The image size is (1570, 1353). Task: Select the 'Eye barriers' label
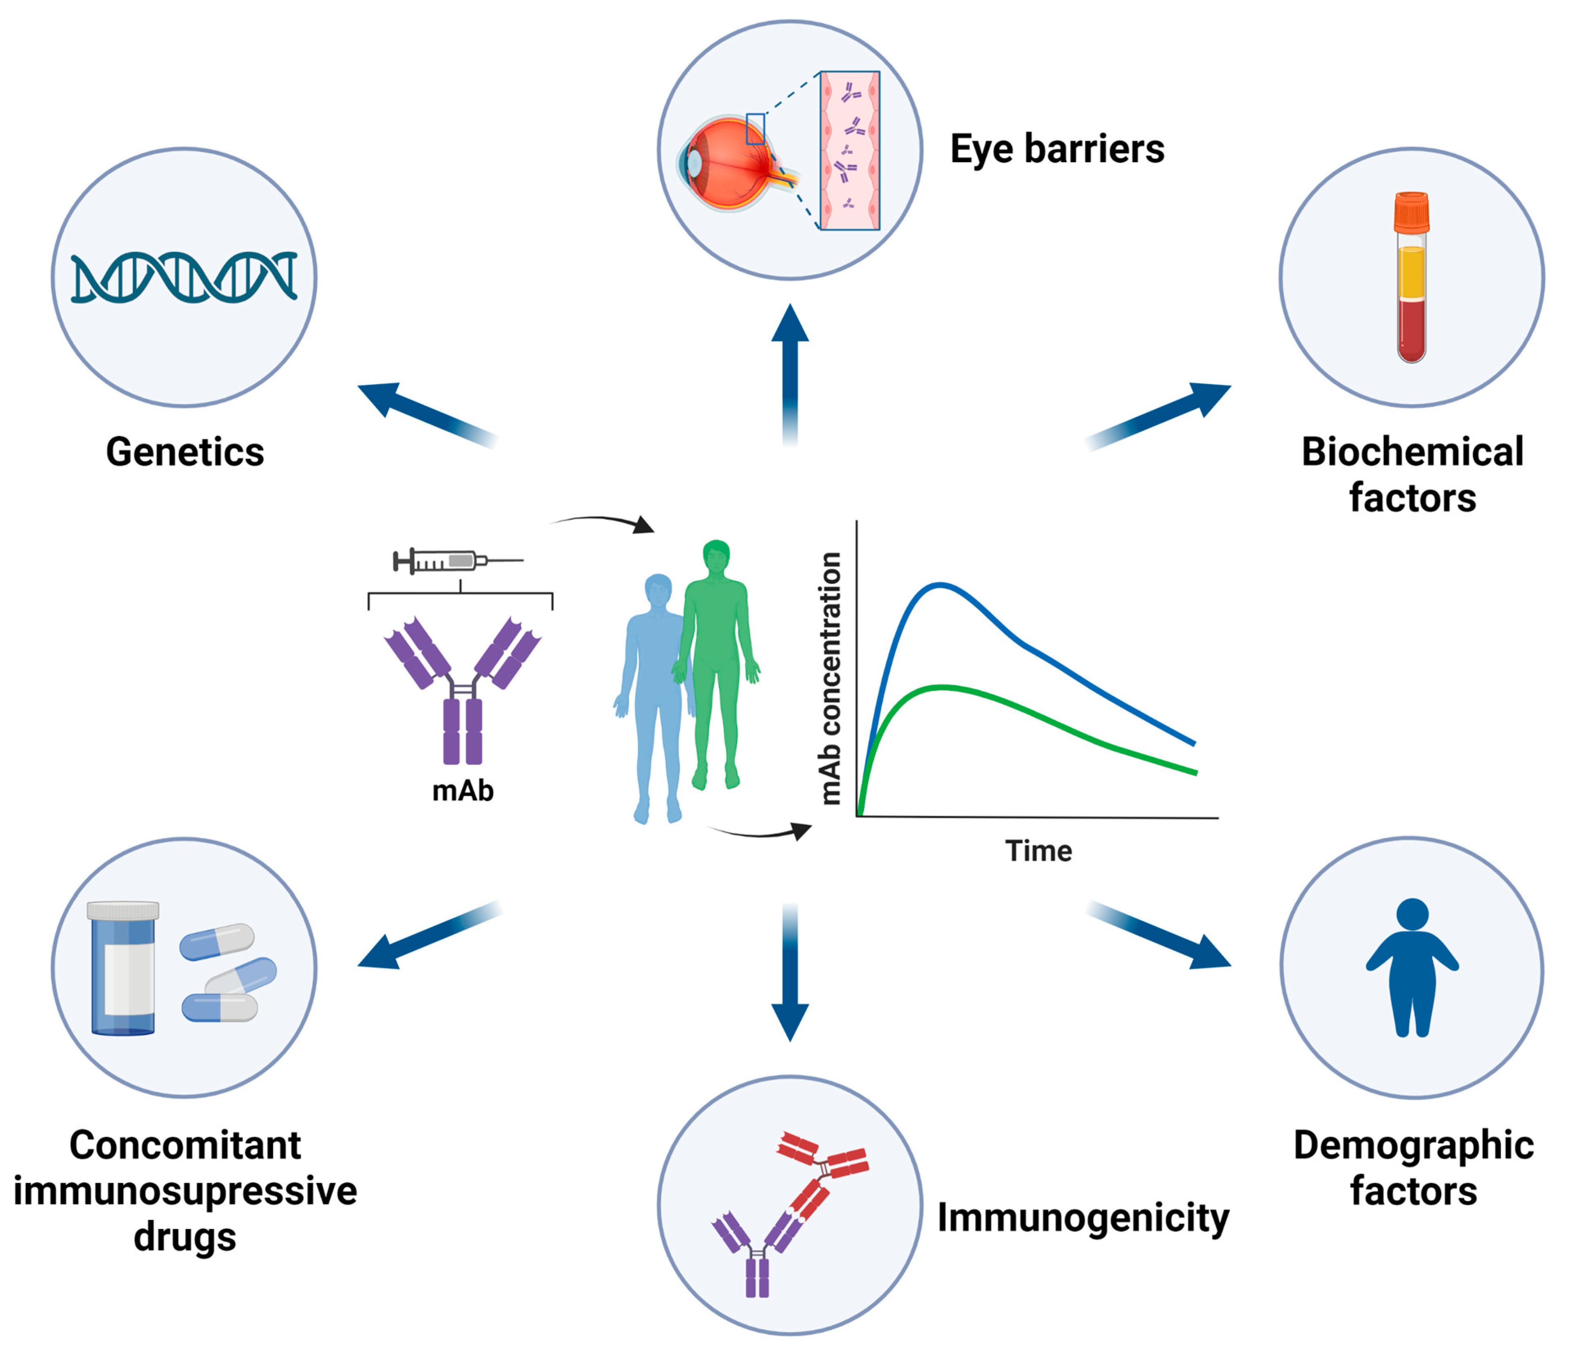pyautogui.click(x=1057, y=149)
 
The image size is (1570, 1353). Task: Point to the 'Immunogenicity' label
pyautogui.click(x=1083, y=1218)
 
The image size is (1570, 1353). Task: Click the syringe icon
pyautogui.click(x=457, y=561)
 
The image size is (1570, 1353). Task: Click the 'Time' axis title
pyautogui.click(x=1038, y=851)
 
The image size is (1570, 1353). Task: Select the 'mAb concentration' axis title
pyautogui.click(x=831, y=679)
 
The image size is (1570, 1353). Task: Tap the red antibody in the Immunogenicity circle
pyautogui.click(x=818, y=1175)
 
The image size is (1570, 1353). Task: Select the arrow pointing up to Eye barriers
pyautogui.click(x=790, y=371)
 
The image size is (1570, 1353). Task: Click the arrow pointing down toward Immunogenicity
pyautogui.click(x=790, y=974)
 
